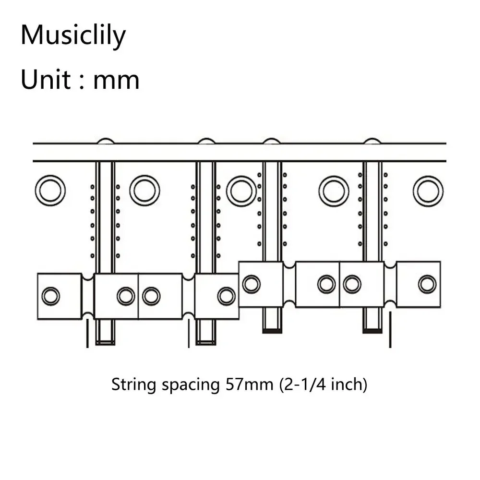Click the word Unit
(46, 79)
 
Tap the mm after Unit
(116, 82)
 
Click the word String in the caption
(134, 384)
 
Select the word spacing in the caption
(191, 385)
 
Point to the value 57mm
(249, 384)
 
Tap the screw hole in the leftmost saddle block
(50, 296)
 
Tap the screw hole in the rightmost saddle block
(427, 284)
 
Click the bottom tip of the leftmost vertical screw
(105, 344)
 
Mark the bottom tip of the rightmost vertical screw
(372, 332)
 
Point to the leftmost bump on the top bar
(106, 141)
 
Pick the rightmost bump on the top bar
(372, 141)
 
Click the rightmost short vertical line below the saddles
(390, 330)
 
